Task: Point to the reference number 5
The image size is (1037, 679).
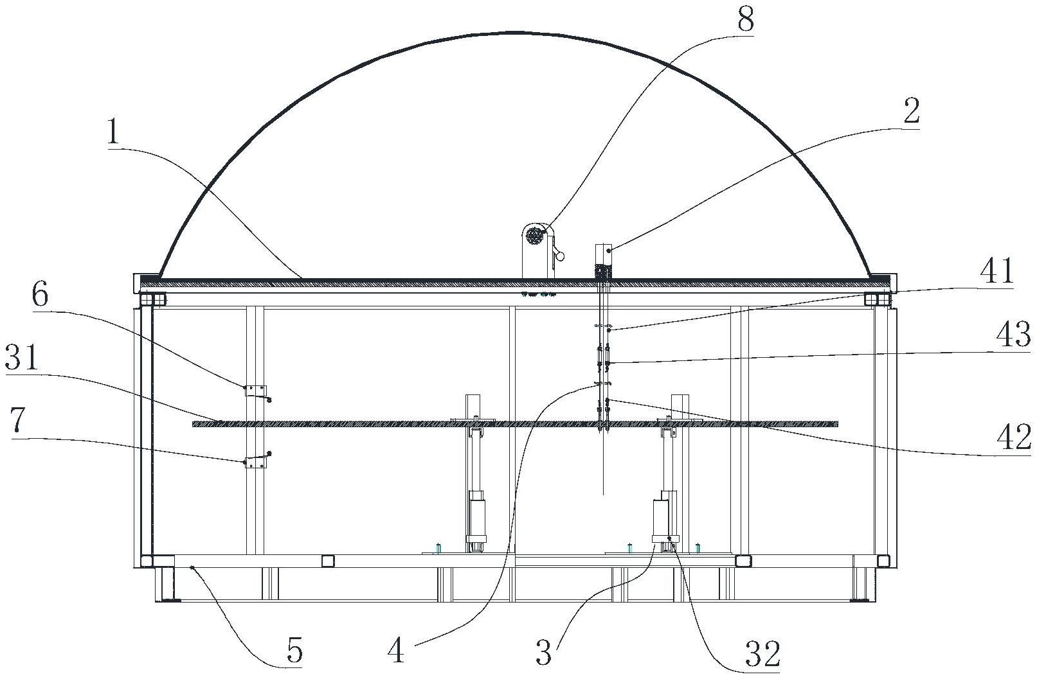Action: (x=294, y=649)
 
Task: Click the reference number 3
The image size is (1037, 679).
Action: (x=545, y=652)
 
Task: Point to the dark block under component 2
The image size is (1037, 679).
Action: (x=603, y=271)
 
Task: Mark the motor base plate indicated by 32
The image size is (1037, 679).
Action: (x=665, y=538)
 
